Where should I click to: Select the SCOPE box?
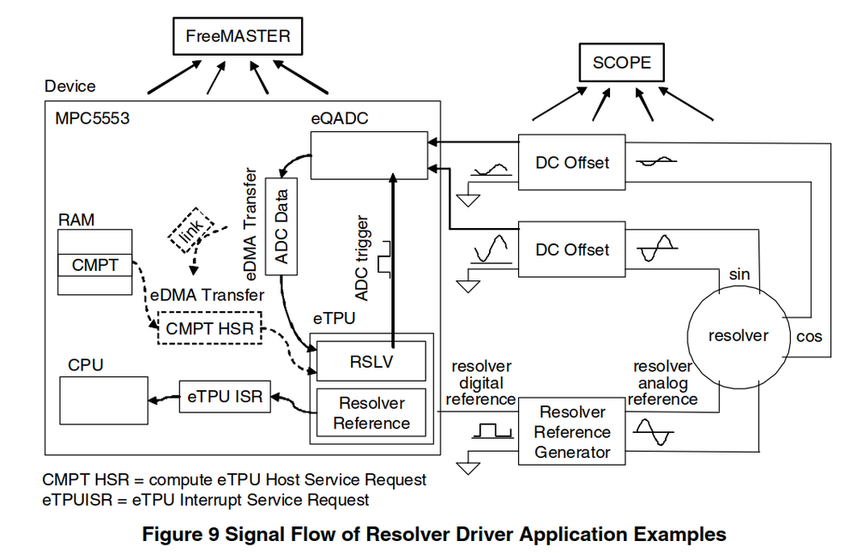(x=622, y=62)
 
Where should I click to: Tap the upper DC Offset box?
(x=572, y=161)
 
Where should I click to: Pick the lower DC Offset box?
(x=572, y=249)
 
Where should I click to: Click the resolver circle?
(x=739, y=335)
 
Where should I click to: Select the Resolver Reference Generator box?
(x=572, y=432)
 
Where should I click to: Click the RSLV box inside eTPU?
(x=371, y=360)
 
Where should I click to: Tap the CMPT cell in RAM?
(x=95, y=266)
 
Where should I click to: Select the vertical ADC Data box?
(x=281, y=226)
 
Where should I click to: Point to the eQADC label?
(x=340, y=118)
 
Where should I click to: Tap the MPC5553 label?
(x=88, y=117)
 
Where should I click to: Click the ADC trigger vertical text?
(x=361, y=256)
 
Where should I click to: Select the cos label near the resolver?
(x=809, y=336)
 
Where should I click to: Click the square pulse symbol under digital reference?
(x=486, y=430)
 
